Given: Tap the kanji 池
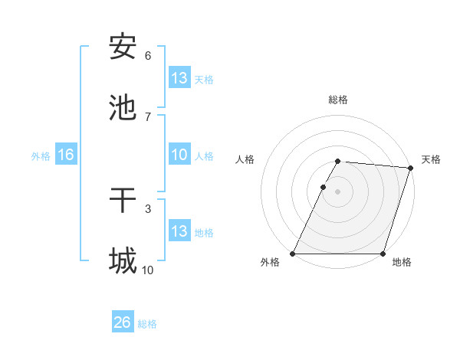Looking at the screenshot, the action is (x=123, y=107).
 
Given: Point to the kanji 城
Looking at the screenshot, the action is (x=123, y=260).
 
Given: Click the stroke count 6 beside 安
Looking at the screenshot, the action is (x=148, y=56).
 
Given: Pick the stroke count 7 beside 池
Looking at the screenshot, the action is (x=148, y=116).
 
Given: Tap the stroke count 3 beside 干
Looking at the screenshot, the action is (x=148, y=208).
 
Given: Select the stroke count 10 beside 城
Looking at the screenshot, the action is (x=148, y=270).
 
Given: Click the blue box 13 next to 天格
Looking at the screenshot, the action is (x=179, y=78).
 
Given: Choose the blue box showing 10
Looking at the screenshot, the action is (x=179, y=155).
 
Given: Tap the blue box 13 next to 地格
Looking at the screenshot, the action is (x=179, y=231).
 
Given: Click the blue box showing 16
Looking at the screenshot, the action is (x=66, y=155).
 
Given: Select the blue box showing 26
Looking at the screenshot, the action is (x=123, y=322).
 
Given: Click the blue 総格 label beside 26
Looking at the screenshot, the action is (x=147, y=324).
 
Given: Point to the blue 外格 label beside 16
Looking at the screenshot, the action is (x=41, y=156).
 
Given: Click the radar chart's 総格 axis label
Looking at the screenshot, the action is (x=338, y=100).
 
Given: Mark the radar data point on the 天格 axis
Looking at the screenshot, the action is (x=411, y=168).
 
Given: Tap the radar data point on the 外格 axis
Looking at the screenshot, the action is (x=293, y=254).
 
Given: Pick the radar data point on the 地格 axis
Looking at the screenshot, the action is (x=383, y=254).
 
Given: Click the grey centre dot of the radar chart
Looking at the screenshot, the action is (x=338, y=191).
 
